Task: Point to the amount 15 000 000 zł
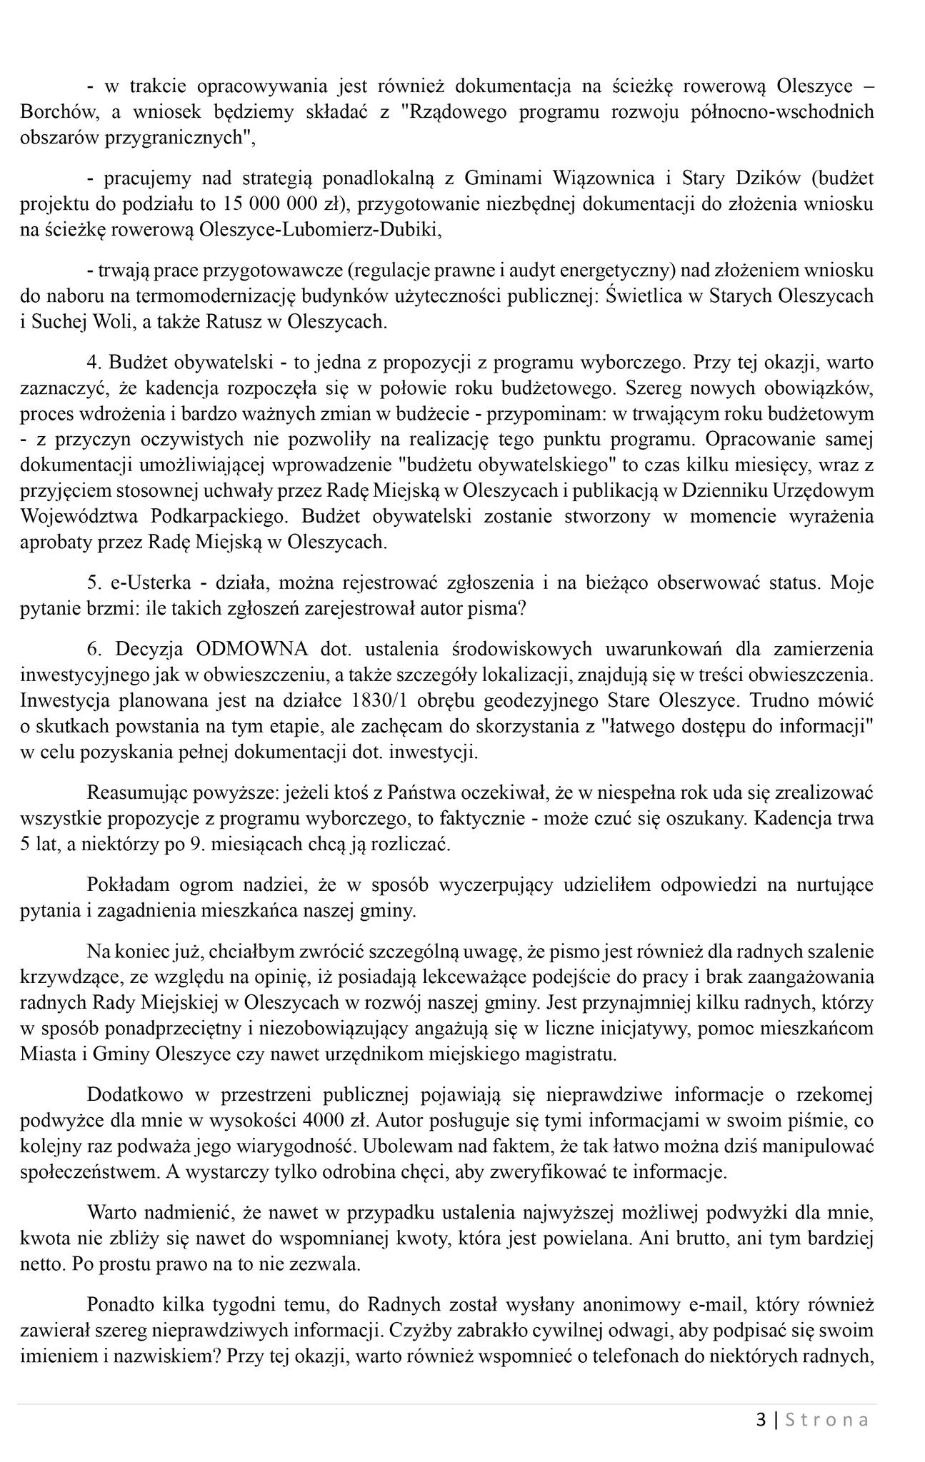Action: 273,204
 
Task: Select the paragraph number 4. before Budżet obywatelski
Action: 93,363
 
